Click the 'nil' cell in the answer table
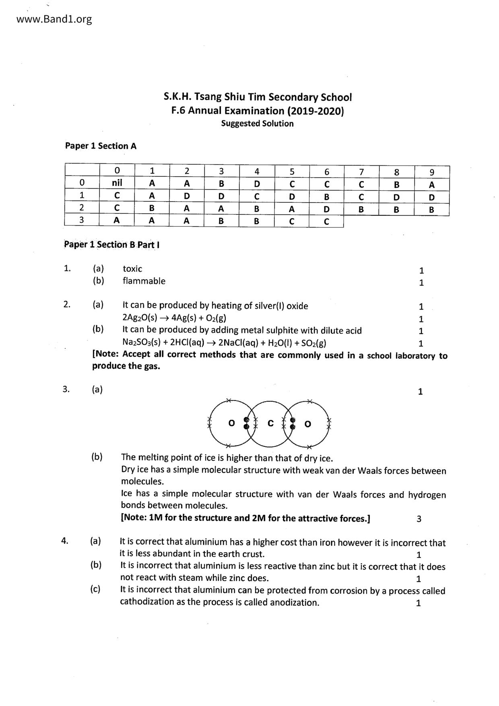(117, 183)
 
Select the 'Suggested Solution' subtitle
(257, 124)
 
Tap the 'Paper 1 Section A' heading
(101, 146)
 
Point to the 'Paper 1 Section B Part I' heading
(112, 245)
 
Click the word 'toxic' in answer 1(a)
(132, 269)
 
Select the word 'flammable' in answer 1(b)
(144, 281)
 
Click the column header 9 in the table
(432, 172)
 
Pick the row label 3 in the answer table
(82, 220)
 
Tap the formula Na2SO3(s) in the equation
(140, 343)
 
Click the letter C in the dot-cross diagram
(270, 423)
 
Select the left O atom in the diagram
(231, 423)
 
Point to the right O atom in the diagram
(308, 424)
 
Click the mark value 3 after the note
(419, 519)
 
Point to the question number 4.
(64, 541)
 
